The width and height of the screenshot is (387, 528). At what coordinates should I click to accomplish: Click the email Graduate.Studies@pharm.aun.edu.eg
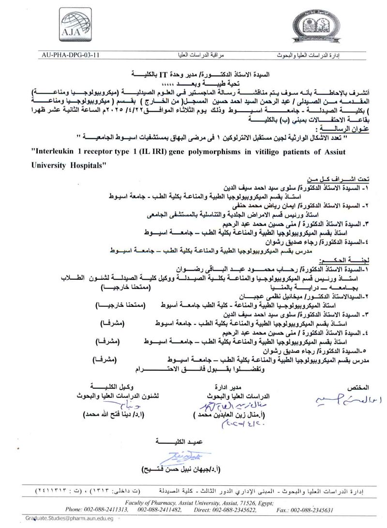[x=69, y=518]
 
